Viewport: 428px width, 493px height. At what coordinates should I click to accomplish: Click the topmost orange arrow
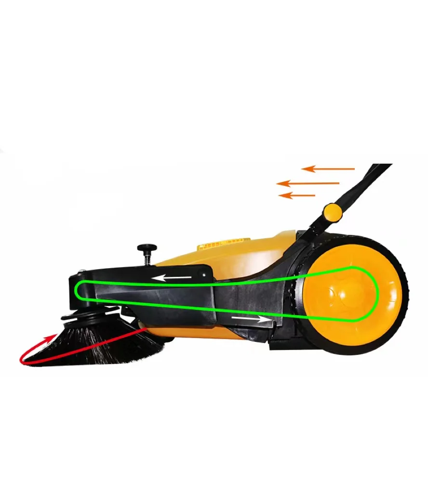328,169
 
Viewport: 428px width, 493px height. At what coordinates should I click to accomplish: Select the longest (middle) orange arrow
308,183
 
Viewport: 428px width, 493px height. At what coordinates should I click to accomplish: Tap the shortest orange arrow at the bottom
297,195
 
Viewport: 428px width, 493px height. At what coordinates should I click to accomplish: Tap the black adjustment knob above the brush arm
147,248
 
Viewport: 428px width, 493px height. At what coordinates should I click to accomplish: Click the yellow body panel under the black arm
193,332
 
